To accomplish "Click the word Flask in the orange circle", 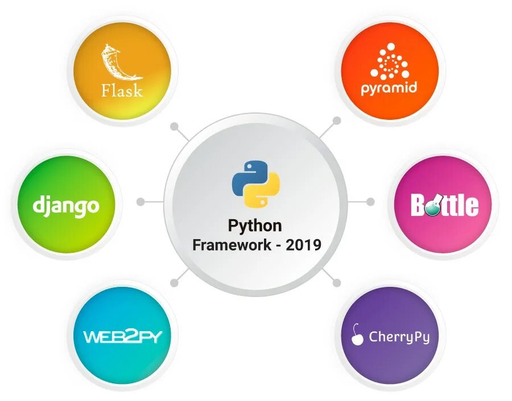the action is coord(122,90).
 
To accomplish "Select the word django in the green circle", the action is coord(66,205).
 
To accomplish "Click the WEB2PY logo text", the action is coord(123,336).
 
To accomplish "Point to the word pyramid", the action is coord(389,88).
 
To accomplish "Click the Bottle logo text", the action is coord(444,206).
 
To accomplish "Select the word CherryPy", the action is coord(399,337).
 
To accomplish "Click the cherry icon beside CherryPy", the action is coord(357,336).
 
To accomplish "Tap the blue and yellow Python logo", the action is coord(256,183).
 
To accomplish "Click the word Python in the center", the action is coord(255,225).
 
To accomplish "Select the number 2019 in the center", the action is coord(304,245).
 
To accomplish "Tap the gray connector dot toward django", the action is coord(140,202).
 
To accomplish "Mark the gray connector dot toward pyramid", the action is coord(337,120).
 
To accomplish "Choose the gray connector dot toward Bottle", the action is coord(370,202).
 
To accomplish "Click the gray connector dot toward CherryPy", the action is coord(337,282).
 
